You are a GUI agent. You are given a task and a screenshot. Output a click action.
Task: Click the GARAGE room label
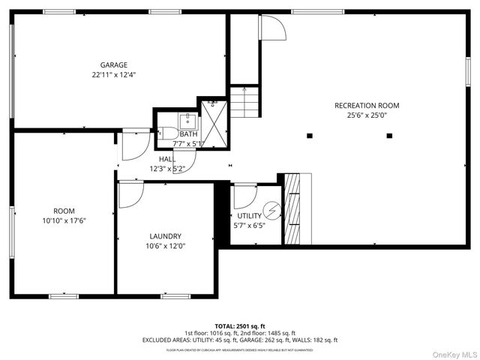pyautogui.click(x=114, y=64)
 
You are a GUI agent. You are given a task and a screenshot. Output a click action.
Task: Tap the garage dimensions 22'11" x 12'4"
pyautogui.click(x=114, y=75)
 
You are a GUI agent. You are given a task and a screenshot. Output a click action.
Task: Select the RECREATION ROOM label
pyautogui.click(x=367, y=106)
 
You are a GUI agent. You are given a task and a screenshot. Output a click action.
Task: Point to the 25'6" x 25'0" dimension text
pyautogui.click(x=367, y=115)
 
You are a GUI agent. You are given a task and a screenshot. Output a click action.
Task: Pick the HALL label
pyautogui.click(x=166, y=159)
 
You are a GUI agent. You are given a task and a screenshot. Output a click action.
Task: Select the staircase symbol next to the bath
pyautogui.click(x=244, y=100)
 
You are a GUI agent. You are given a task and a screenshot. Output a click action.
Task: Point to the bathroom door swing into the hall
pyautogui.click(x=184, y=159)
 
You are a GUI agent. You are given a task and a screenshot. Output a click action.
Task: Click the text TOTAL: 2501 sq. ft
pyautogui.click(x=240, y=326)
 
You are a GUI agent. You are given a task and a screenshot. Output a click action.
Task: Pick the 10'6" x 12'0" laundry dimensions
pyautogui.click(x=165, y=246)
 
